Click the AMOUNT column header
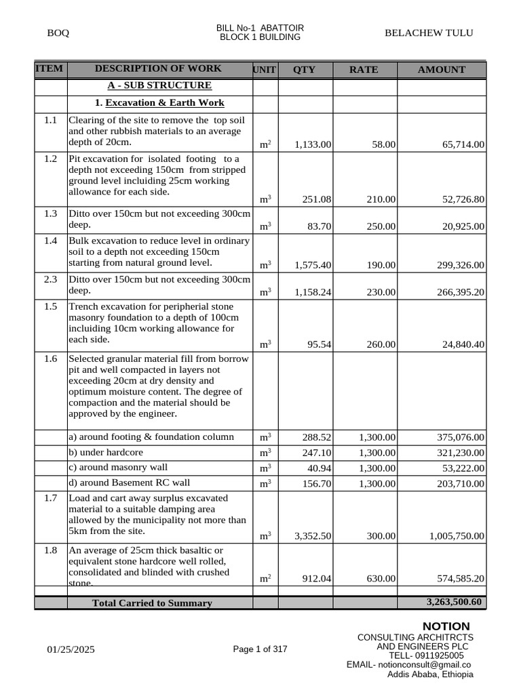[442, 70]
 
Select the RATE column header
[364, 70]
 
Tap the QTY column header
[304, 70]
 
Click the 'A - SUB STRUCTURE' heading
[159, 85]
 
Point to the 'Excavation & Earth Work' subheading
[165, 103]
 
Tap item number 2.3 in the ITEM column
[51, 279]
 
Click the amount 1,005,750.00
[457, 536]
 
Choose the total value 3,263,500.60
[454, 602]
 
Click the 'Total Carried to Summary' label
[152, 603]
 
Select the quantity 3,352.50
[313, 536]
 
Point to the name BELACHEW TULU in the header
[429, 33]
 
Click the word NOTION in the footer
[446, 626]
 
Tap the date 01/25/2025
[71, 650]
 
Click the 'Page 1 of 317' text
[260, 649]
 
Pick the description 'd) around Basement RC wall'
[129, 483]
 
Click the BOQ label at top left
[58, 33]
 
